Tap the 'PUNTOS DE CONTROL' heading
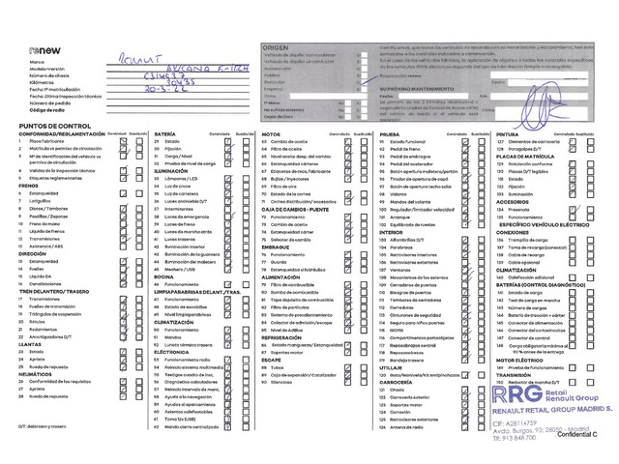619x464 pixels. [54, 126]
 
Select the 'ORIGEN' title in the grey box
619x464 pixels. [277, 45]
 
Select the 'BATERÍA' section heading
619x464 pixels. [164, 134]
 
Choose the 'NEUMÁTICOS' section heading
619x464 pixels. [38, 374]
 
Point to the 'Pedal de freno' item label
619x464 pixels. [403, 149]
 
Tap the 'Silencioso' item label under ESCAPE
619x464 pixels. [283, 383]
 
